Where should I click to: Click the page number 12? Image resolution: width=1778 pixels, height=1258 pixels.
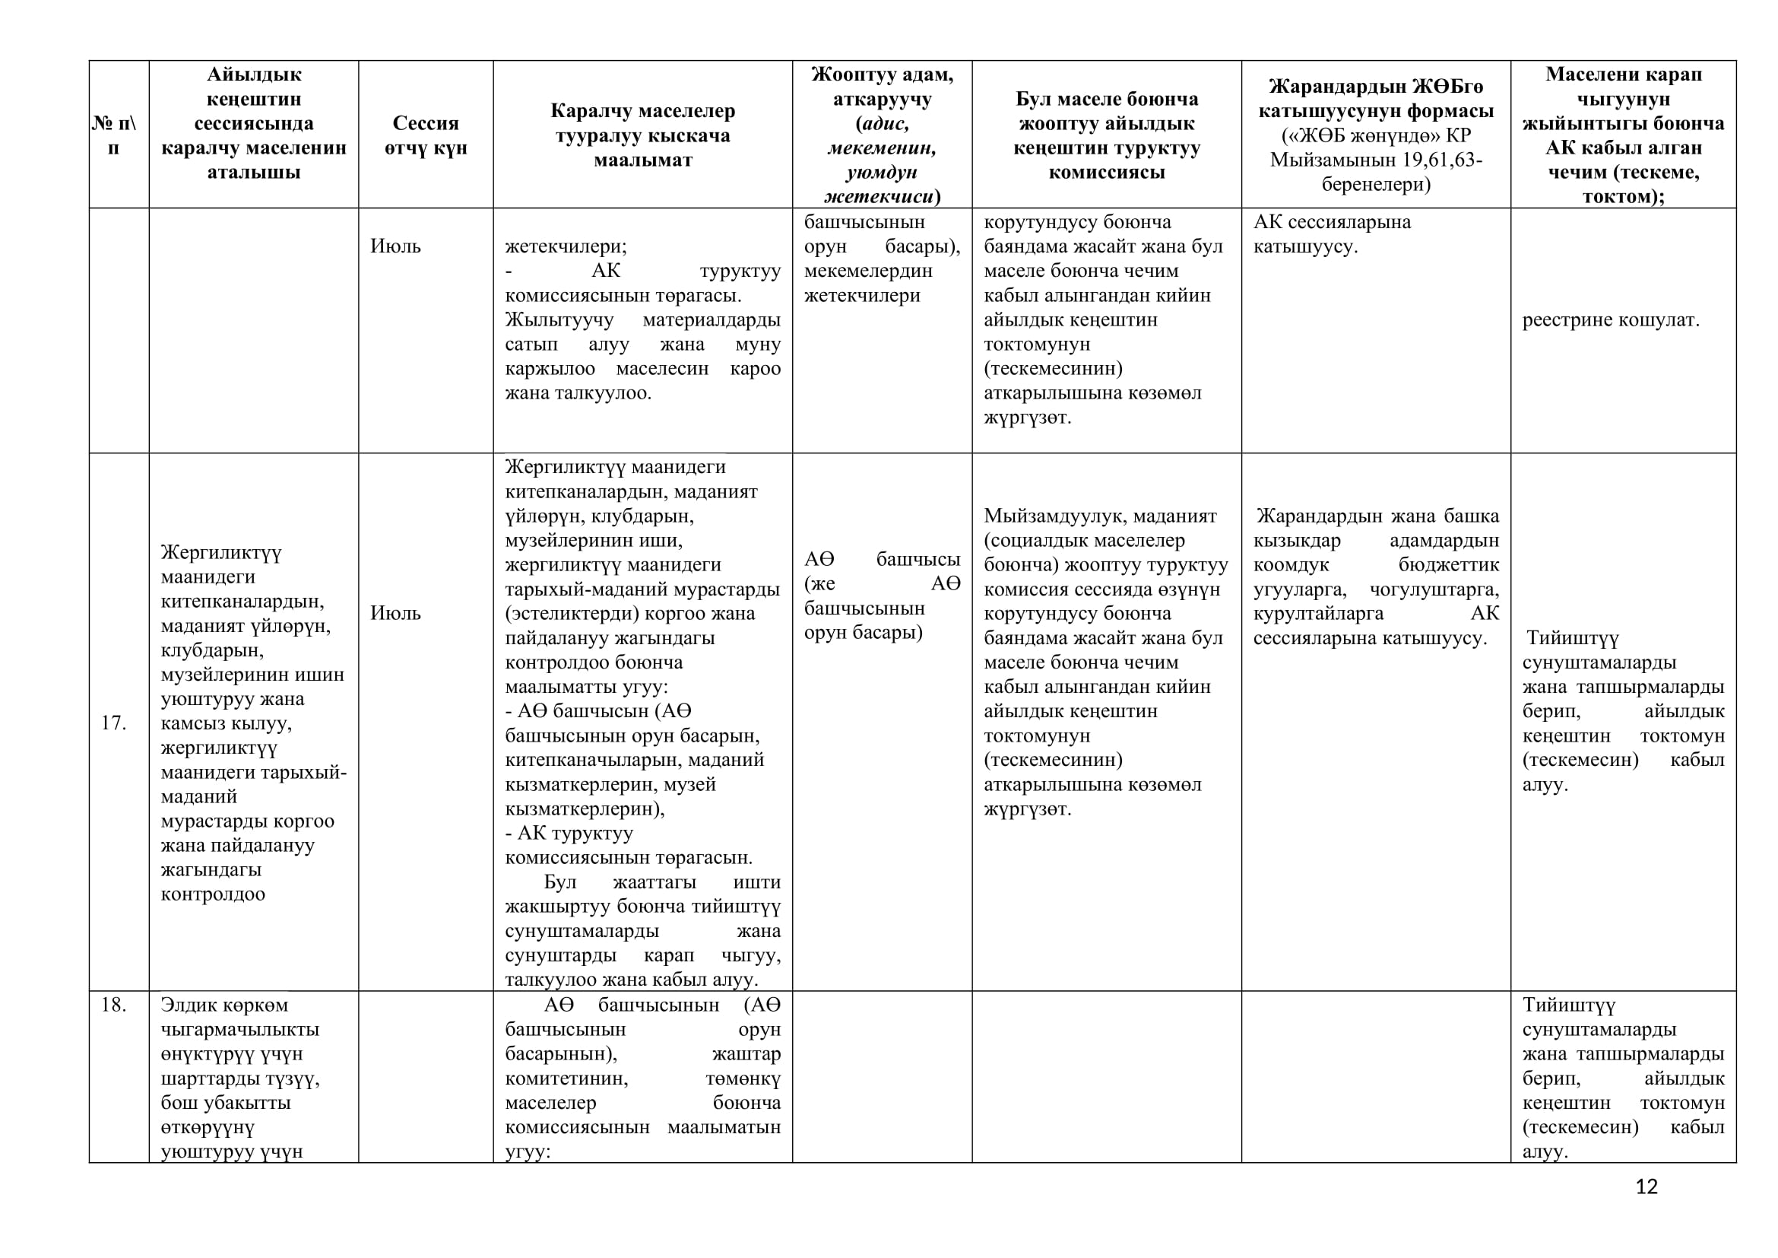[1646, 1187]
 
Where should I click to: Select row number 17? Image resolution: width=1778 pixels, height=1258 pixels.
[113, 723]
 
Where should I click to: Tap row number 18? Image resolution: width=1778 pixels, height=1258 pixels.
[113, 1005]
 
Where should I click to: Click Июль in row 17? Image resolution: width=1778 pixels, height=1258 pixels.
[395, 613]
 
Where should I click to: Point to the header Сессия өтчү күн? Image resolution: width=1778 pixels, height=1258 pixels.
[425, 135]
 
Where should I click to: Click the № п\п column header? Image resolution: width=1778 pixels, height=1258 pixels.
[113, 135]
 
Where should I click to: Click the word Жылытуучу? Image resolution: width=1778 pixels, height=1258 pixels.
[559, 319]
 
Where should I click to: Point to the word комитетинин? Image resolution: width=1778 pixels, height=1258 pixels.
[566, 1078]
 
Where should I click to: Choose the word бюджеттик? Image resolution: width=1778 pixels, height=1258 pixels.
[1448, 564]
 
